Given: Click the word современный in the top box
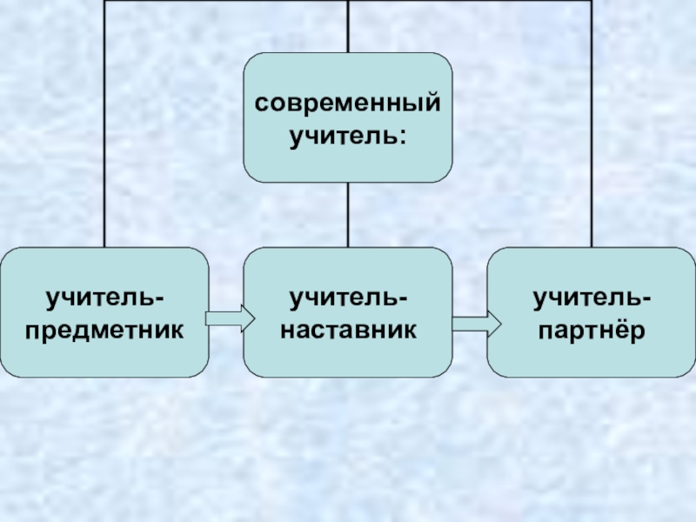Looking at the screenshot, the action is click(x=347, y=104).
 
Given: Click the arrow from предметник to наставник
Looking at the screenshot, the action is click(x=229, y=318).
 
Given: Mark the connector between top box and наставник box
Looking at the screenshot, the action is click(x=348, y=215).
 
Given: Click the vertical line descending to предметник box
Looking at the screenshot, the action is click(x=104, y=130).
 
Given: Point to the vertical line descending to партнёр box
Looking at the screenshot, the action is click(x=592, y=130).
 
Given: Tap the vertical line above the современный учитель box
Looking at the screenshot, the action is click(x=348, y=26).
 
